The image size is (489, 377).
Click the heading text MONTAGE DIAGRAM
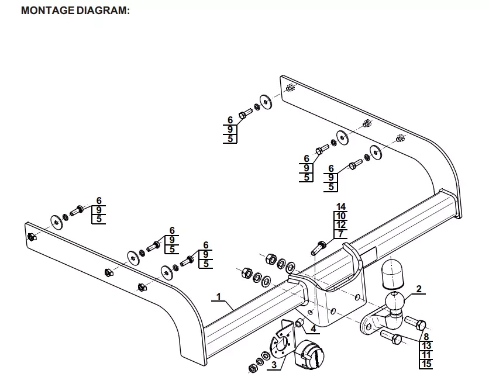tap(75, 11)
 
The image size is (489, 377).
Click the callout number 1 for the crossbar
tap(219, 297)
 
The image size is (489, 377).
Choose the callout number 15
tap(426, 365)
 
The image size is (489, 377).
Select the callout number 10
tap(341, 216)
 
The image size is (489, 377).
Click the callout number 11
tap(426, 355)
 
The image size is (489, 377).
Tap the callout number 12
tap(341, 225)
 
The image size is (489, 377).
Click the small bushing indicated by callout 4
tap(299, 323)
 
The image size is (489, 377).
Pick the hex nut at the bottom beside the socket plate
tap(253, 368)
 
